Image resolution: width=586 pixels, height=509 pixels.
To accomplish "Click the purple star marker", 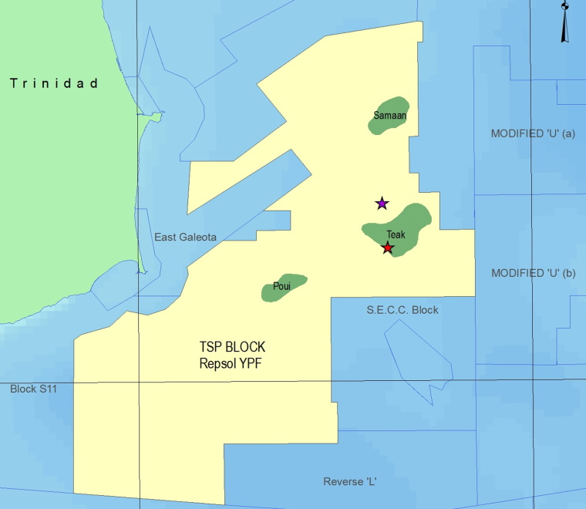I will coord(382,204).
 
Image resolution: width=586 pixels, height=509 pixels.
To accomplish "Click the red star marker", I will coord(388,248).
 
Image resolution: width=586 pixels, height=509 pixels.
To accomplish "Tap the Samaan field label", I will coord(389,116).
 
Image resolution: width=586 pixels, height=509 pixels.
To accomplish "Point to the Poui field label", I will coord(281,287).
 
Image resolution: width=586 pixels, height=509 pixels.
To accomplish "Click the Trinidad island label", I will coord(54,83).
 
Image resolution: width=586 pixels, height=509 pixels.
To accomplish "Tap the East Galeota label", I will coord(185,237).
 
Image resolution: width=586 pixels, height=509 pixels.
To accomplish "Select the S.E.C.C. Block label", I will coord(402,310).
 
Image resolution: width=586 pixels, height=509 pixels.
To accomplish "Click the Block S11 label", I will coord(33,389).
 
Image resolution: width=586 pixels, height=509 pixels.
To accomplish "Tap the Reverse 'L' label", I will coord(349,482).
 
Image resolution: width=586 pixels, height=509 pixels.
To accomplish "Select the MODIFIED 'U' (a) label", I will coord(534,133).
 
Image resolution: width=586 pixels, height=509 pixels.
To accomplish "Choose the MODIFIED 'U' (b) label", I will coord(534,273).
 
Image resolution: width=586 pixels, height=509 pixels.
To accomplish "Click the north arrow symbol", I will coord(565,22).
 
